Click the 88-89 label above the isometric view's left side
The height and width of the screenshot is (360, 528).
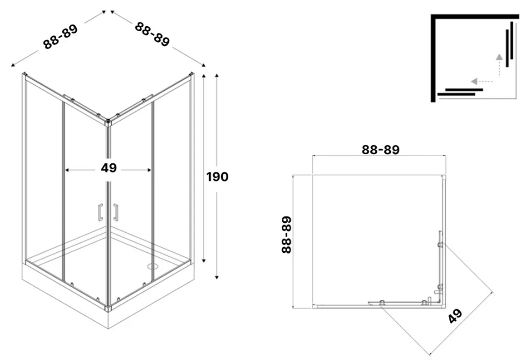(x=61, y=37)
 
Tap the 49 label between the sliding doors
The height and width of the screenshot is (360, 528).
(x=109, y=168)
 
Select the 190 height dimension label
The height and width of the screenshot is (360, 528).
(x=217, y=176)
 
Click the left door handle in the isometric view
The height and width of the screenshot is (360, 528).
(x=100, y=213)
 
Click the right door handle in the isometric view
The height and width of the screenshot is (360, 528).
(x=116, y=213)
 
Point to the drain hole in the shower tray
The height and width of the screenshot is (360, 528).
(x=151, y=267)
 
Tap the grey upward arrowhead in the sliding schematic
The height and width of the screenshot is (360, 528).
(x=499, y=56)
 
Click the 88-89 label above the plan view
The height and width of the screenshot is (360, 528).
(x=381, y=149)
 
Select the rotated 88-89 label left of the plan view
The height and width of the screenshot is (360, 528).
(x=287, y=234)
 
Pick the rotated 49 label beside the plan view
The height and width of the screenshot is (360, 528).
(x=454, y=316)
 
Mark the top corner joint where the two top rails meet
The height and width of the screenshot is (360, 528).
(x=109, y=122)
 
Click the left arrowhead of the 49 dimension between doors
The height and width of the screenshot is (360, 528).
(x=67, y=170)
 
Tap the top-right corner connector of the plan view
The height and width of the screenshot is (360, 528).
(x=446, y=176)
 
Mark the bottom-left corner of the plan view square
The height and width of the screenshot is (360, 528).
(x=313, y=306)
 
